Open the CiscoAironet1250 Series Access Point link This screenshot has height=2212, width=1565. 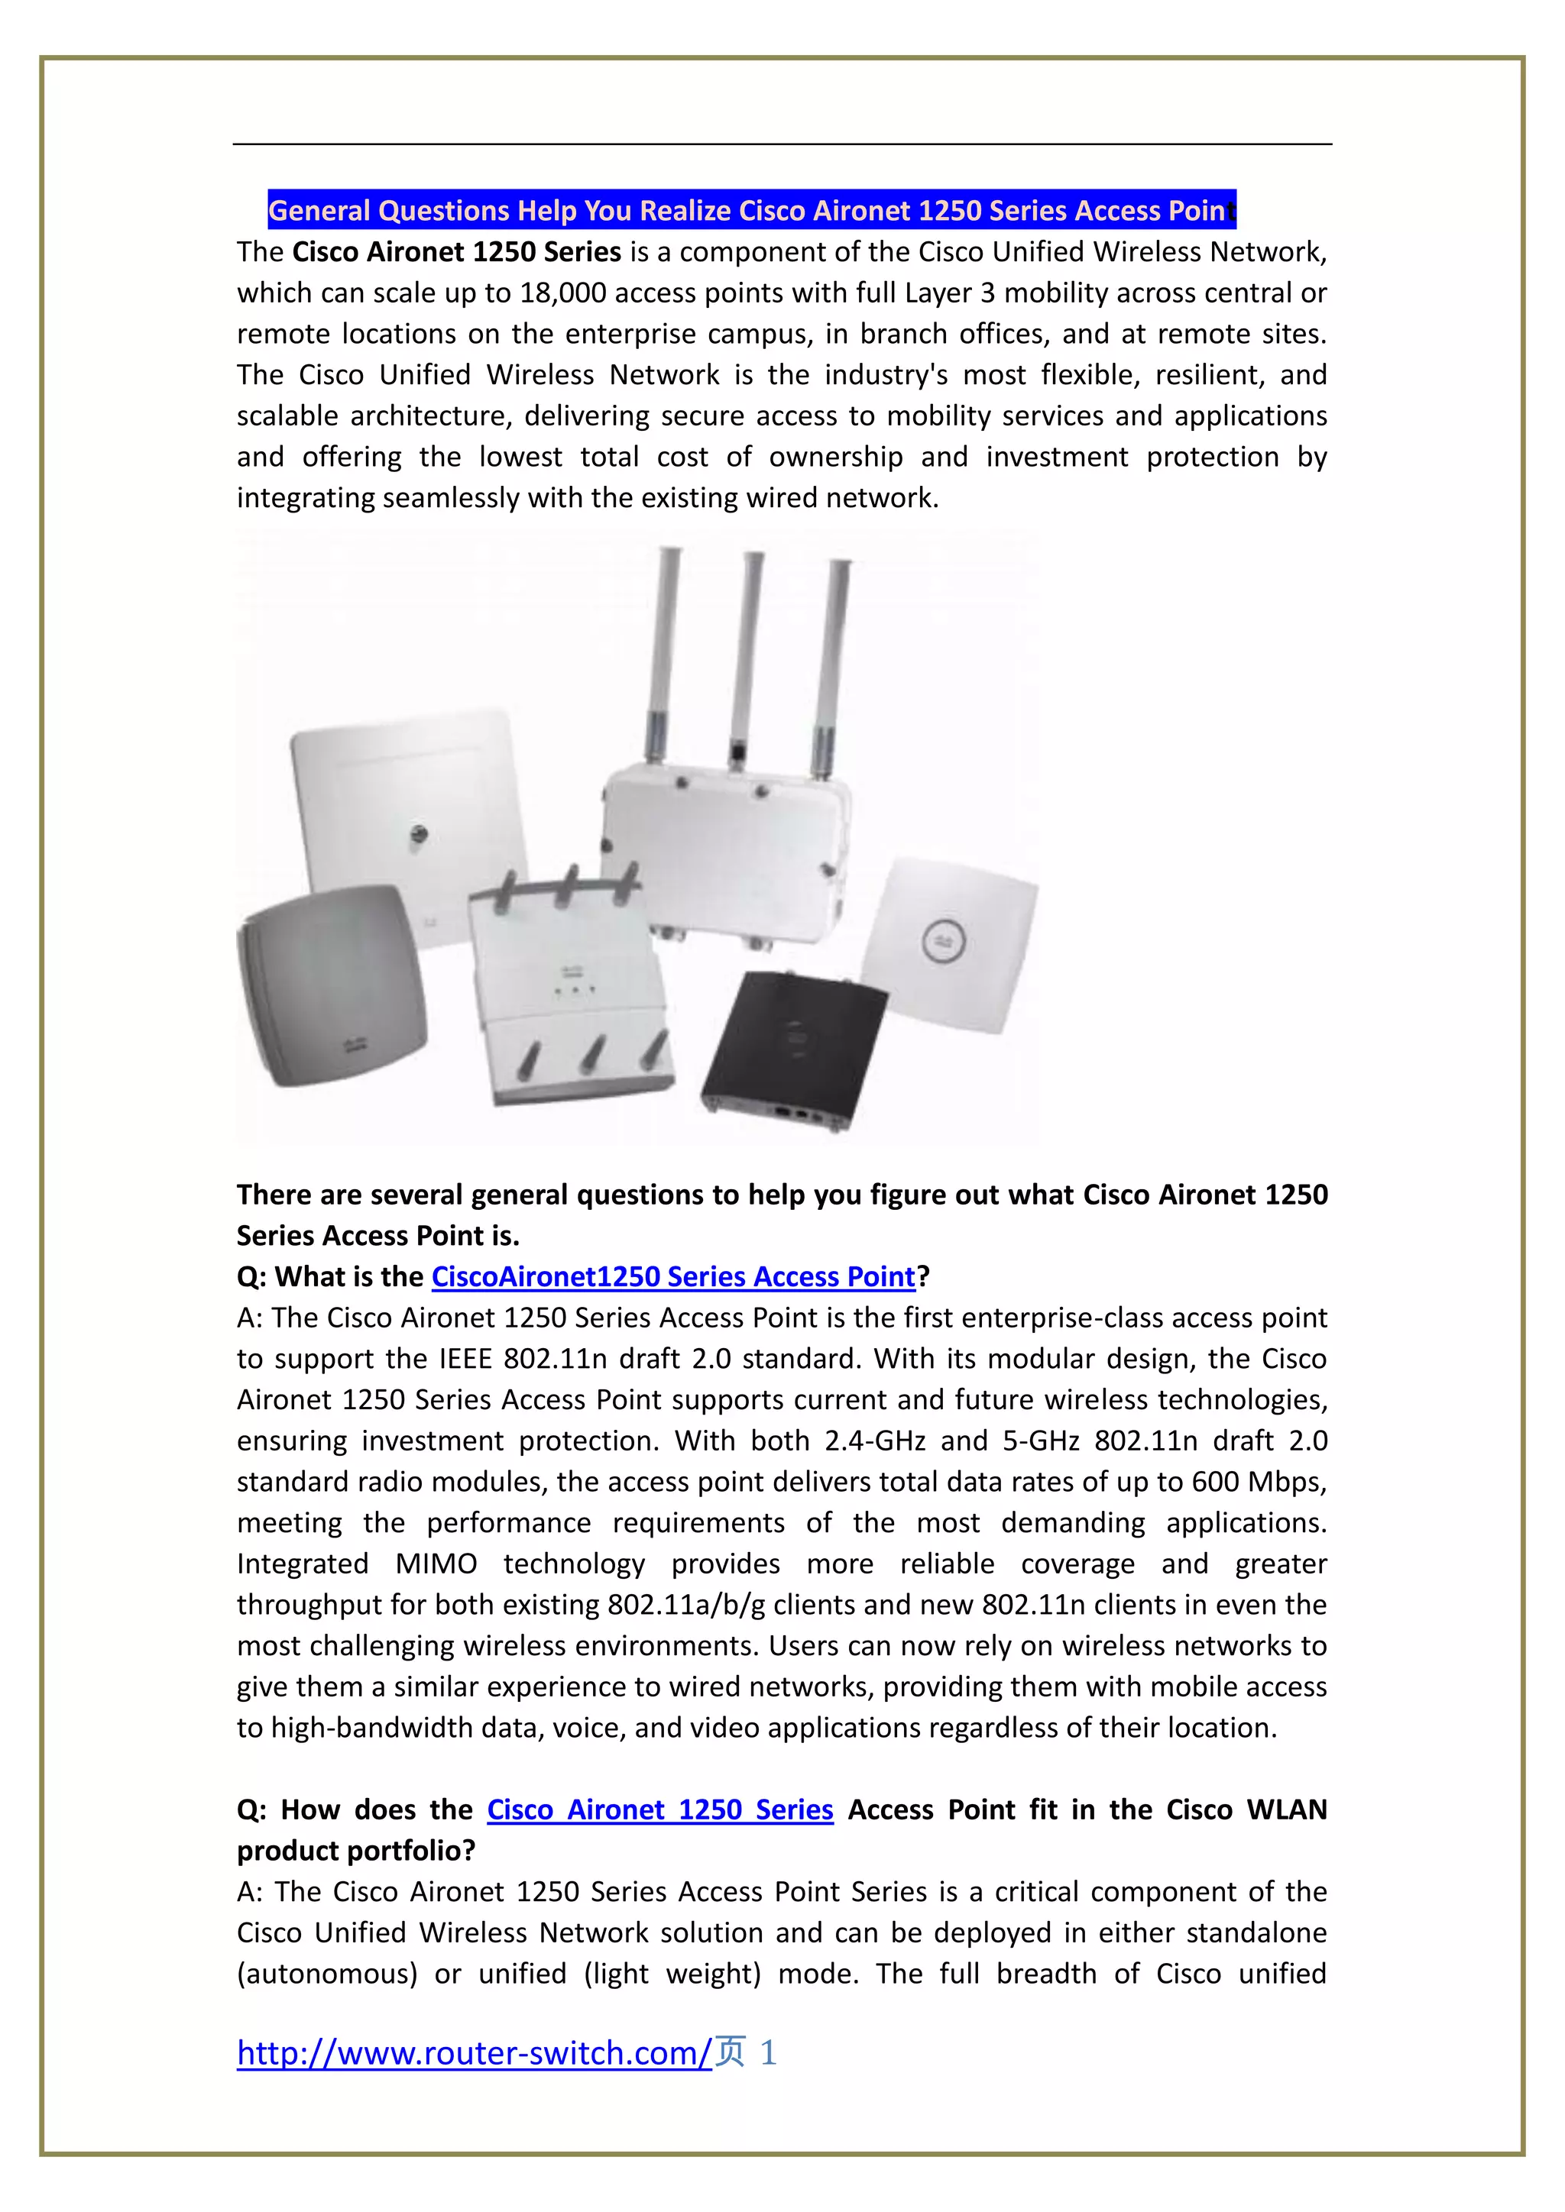coord(672,1276)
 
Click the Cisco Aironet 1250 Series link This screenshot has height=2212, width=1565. coord(659,1810)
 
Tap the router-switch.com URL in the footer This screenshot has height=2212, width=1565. coord(474,2053)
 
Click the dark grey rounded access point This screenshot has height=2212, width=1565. coord(331,985)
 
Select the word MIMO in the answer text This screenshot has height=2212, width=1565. coord(436,1564)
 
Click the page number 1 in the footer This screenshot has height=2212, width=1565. coord(768,2053)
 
